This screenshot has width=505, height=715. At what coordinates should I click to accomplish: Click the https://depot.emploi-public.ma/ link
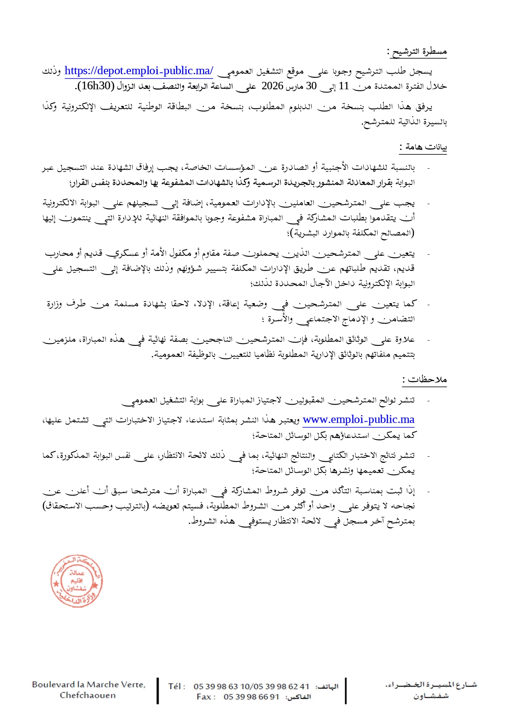(139, 71)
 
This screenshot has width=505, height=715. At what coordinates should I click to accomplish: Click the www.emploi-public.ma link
(359, 420)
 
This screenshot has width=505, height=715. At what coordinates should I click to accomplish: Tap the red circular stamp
(77, 581)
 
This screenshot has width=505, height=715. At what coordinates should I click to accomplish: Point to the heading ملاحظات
(426, 380)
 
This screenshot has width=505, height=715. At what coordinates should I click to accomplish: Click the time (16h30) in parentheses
(94, 86)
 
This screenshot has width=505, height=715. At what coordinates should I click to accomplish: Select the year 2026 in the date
(272, 86)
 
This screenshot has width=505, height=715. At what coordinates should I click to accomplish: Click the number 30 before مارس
(311, 86)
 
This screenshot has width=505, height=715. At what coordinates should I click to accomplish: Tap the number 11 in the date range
(344, 86)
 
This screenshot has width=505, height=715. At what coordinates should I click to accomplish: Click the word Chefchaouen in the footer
(88, 695)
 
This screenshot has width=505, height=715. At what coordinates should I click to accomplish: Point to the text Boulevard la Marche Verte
(89, 685)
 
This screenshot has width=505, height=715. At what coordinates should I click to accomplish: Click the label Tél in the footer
(177, 686)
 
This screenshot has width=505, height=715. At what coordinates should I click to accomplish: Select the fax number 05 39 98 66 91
(251, 697)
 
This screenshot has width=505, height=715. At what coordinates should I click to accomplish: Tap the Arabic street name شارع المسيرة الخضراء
(431, 685)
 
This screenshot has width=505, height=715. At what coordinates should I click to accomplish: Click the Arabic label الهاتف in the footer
(327, 687)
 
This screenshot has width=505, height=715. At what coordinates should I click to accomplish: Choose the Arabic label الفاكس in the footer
(298, 697)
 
